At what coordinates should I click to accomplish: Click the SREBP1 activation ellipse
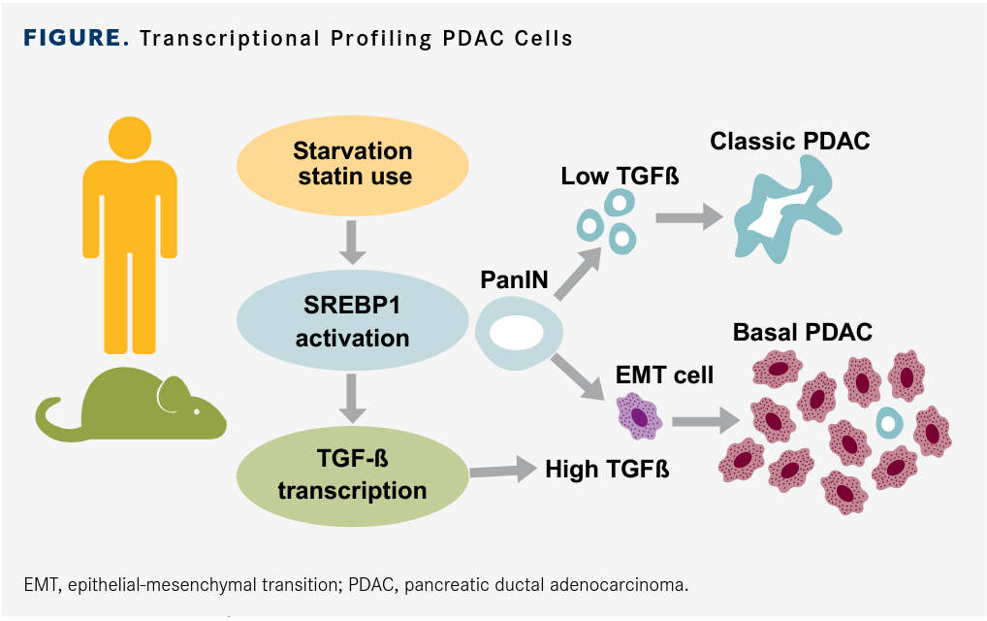coord(352,325)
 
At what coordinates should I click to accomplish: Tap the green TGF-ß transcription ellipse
coord(352,476)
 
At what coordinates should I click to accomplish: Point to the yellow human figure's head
coord(129,138)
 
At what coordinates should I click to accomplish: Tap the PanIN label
coord(514,280)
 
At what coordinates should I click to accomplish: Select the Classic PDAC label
coord(790,141)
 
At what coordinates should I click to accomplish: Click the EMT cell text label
coord(664,375)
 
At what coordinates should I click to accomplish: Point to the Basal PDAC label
coord(803,332)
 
